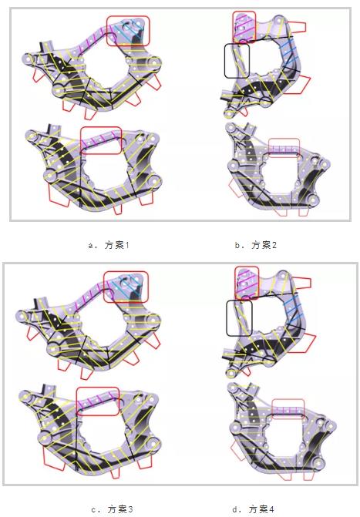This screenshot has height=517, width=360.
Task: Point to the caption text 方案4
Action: click(261, 509)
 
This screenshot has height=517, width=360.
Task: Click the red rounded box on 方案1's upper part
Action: click(128, 31)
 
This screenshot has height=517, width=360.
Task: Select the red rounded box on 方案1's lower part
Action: click(101, 140)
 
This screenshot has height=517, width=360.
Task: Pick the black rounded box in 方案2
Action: click(237, 60)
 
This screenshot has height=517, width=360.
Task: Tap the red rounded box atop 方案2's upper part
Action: click(243, 25)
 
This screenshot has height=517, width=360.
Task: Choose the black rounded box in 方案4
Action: click(238, 317)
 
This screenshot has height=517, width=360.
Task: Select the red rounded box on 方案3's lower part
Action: click(97, 401)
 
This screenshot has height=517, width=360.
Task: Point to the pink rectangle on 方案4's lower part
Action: click(289, 406)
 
